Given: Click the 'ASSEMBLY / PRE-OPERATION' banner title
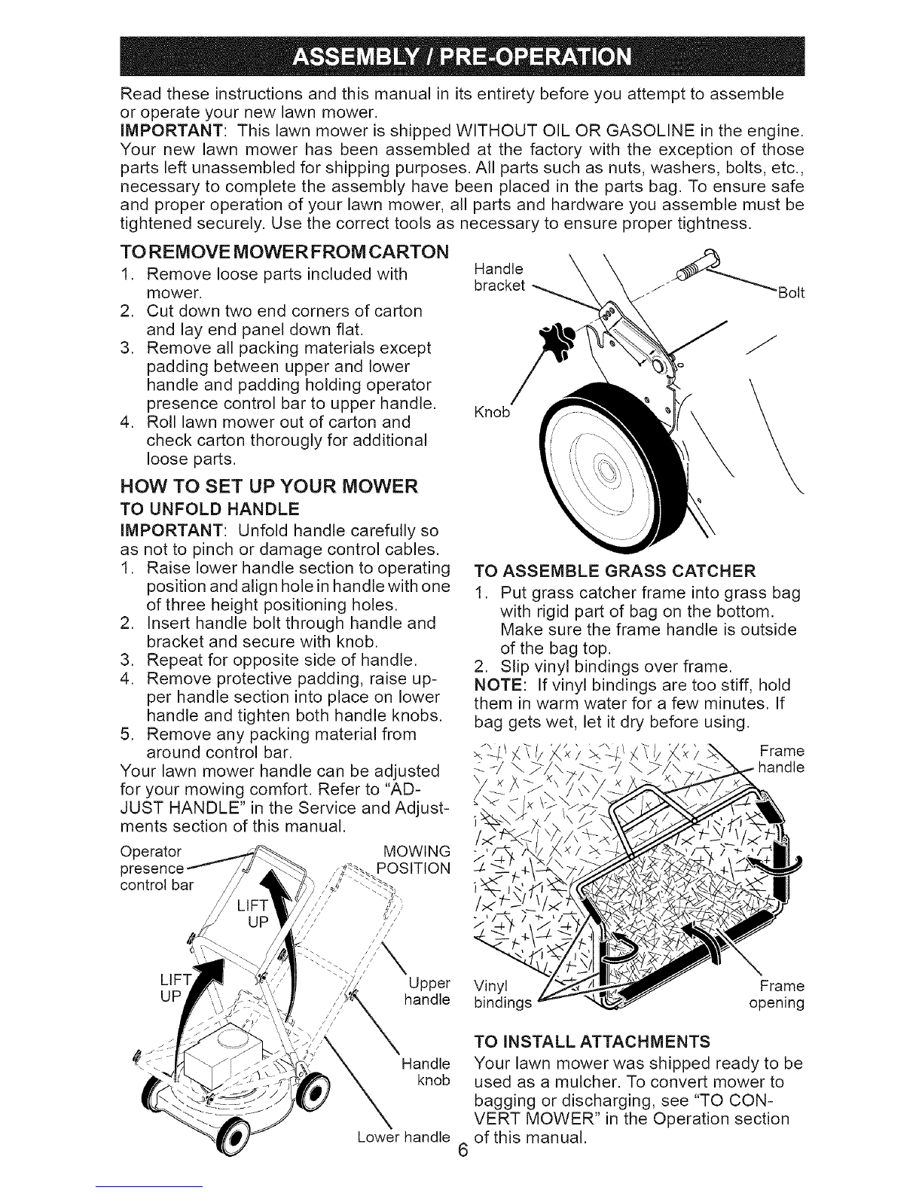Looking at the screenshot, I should pyautogui.click(x=460, y=57).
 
